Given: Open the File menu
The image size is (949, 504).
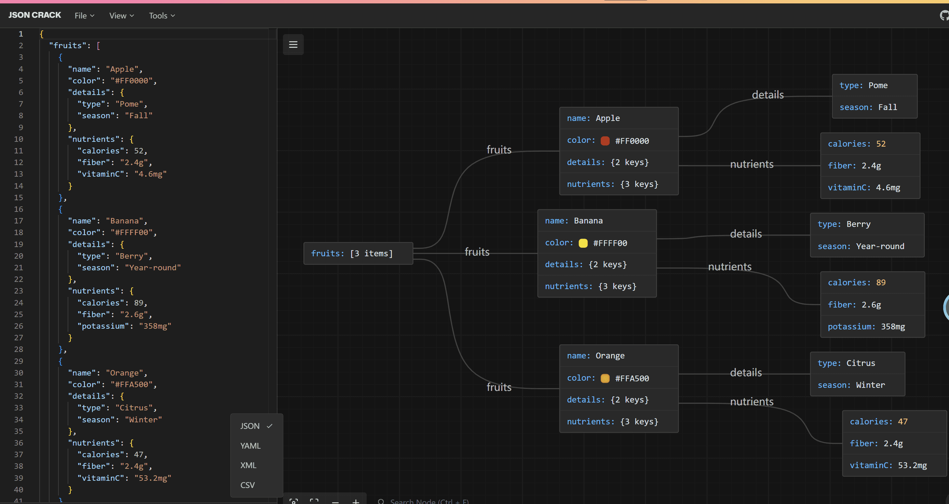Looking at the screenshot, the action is pos(84,15).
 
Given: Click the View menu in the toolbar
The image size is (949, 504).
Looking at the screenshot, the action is pos(122,15).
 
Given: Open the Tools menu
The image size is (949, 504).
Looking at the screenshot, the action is pos(162,15).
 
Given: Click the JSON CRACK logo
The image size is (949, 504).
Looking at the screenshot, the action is pos(35,15).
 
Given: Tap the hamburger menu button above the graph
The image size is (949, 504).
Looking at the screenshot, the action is pos(293,44).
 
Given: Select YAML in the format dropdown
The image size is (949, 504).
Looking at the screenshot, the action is pos(250,446).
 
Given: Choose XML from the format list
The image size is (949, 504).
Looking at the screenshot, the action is pos(248,465).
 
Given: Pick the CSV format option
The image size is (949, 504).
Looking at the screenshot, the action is pos(247,485).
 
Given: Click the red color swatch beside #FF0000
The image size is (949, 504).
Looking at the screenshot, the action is pos(605,141).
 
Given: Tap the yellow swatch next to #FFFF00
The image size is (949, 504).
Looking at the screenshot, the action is pos(583,243).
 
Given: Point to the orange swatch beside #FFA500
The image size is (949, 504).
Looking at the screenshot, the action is pos(605,378).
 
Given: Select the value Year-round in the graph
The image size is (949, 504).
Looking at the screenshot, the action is pos(880,246).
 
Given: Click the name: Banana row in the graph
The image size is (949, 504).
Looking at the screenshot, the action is pos(597,221).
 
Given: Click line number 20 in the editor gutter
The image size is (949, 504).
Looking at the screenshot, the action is pos(18,256).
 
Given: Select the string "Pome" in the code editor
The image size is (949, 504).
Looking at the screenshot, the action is pos(129,104).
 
